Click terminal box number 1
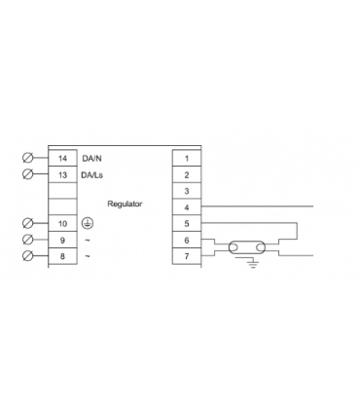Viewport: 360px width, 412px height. click(x=185, y=157)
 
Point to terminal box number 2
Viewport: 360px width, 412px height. click(x=185, y=173)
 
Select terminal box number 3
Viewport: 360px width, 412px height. click(x=185, y=190)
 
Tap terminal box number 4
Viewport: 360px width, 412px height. click(x=185, y=206)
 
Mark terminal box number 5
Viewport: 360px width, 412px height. click(x=185, y=223)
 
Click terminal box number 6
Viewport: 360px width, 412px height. click(x=185, y=240)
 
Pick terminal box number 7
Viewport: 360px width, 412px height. click(x=185, y=256)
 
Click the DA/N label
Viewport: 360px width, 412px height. click(x=91, y=157)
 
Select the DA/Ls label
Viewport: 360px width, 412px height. click(x=92, y=173)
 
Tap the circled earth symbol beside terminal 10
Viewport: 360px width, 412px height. click(x=88, y=223)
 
